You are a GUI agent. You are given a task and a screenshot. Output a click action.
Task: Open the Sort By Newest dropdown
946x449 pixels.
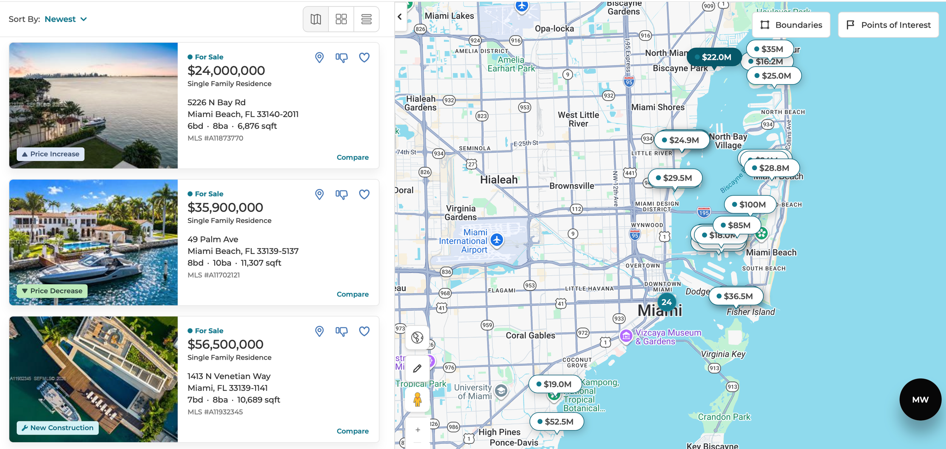click(66, 19)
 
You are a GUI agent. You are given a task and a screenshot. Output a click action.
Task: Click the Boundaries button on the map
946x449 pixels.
click(791, 25)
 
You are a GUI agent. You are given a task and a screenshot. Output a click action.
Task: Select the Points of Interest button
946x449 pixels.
click(888, 25)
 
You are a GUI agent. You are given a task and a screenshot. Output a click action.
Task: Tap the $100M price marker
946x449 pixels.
click(750, 205)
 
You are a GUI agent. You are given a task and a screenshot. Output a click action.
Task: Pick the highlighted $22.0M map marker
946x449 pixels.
click(714, 57)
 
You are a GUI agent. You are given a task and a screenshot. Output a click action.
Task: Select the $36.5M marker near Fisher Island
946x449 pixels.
click(736, 296)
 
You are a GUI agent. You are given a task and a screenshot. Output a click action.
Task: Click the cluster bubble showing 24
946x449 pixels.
click(666, 302)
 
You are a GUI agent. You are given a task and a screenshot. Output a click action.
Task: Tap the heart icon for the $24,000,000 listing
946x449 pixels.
click(364, 58)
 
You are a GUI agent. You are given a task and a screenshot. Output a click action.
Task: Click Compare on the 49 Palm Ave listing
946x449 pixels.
click(352, 294)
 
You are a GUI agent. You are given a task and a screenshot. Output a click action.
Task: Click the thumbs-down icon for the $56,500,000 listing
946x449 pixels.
click(341, 332)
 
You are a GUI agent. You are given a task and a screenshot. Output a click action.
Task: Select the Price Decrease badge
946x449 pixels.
click(52, 291)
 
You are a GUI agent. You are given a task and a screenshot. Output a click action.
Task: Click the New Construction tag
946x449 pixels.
click(58, 428)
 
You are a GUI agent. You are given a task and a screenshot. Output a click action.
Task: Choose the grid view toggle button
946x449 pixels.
click(341, 19)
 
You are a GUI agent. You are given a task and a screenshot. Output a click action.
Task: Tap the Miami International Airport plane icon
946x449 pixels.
click(496, 240)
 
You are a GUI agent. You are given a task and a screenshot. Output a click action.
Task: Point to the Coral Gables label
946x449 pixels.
click(530, 335)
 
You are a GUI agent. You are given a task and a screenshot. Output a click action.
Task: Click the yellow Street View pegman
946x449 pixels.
click(417, 399)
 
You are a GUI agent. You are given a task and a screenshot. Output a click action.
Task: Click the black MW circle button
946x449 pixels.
click(920, 399)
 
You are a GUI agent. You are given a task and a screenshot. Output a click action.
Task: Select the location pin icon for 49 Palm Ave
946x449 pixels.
click(319, 195)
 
